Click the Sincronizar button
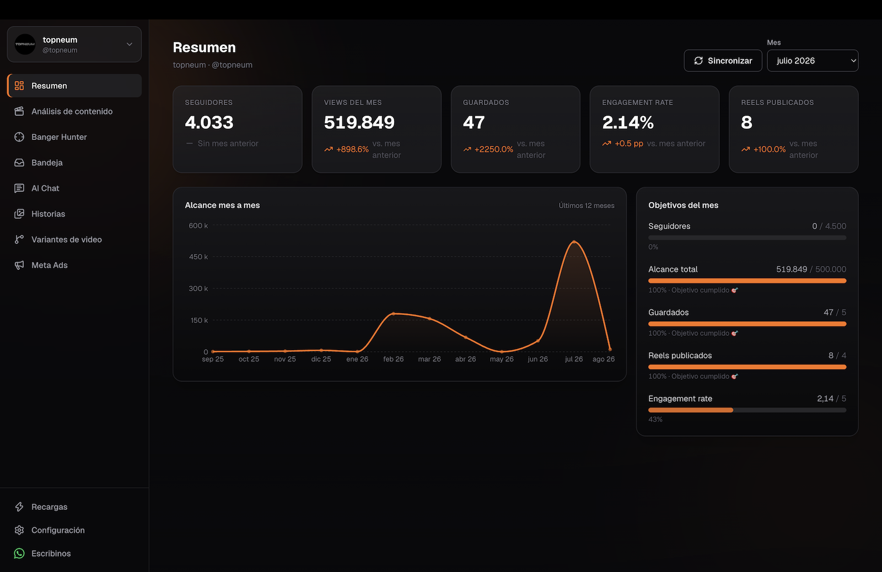coord(723,61)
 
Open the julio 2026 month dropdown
coord(813,61)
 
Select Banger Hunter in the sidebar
coord(59,137)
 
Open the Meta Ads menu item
coord(50,265)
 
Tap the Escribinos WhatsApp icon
coord(19,553)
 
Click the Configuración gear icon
coord(19,530)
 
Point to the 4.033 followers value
coord(209,122)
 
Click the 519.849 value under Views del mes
coord(359,122)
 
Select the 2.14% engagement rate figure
coord(628,122)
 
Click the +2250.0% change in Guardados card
coord(494,149)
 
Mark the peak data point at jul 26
coord(574,241)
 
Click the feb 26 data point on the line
coord(394,313)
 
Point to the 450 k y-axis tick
coord(198,257)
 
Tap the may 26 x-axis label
coord(502,359)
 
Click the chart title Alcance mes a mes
coord(223,205)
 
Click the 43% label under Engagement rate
coord(655,420)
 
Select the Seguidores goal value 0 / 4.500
coord(829,226)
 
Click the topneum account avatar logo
coord(25,44)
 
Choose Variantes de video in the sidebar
coord(67,239)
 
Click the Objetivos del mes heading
coord(683,205)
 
